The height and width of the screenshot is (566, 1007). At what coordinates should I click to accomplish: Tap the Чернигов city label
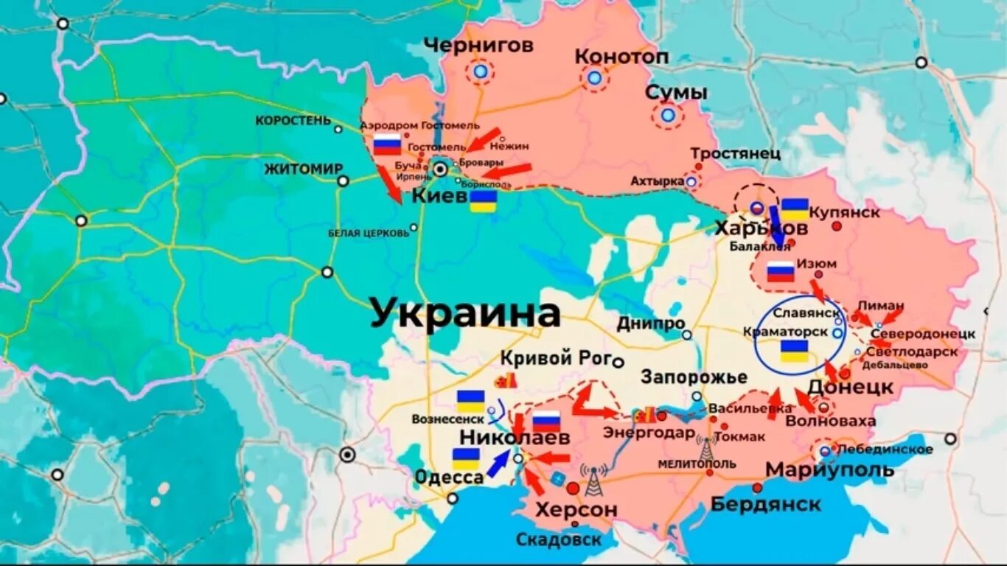coord(478,46)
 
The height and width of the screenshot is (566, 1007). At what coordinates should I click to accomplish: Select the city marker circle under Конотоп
coord(594,77)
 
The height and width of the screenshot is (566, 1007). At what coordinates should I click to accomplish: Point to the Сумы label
coord(676,93)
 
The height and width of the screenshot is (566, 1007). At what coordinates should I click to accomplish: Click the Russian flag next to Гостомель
coord(387,144)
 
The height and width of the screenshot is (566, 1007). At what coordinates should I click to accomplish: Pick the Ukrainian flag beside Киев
coord(484,202)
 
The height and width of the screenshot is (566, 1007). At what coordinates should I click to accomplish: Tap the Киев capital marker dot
coord(441,170)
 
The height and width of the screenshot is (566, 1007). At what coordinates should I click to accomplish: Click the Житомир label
coord(304,169)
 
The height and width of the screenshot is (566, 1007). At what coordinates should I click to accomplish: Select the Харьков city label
coord(761,229)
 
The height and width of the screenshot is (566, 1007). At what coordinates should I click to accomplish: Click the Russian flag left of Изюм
coord(781,272)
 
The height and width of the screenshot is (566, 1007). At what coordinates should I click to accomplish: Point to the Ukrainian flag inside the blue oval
coord(794,351)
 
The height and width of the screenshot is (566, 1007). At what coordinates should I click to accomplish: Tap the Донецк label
coord(851,387)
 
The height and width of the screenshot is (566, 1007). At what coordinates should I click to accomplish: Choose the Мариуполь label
coord(830,469)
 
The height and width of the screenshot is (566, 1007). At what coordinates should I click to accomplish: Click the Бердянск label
coord(765,504)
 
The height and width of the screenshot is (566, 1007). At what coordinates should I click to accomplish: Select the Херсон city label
coord(576,509)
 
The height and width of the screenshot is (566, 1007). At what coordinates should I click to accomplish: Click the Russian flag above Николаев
coord(546,422)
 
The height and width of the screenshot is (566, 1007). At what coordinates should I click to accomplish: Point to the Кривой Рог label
coord(557,359)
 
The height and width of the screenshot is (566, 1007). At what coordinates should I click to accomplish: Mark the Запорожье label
coord(694,377)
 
